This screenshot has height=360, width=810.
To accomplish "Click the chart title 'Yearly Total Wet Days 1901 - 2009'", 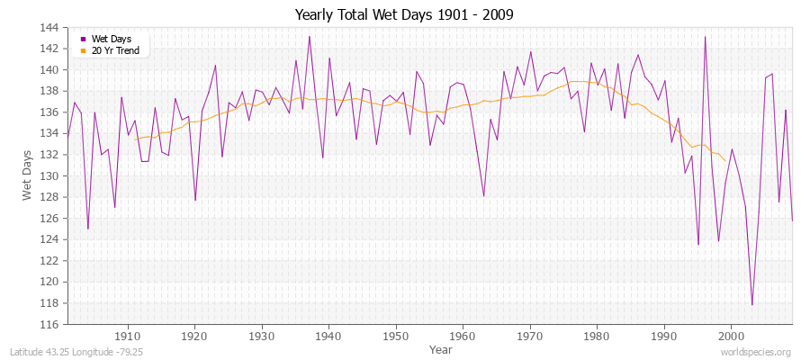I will [404, 15].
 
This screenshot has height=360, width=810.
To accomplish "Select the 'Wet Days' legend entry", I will [110, 39].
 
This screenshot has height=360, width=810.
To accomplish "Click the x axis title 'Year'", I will [441, 348].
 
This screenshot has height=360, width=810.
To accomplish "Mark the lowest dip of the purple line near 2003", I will [752, 305].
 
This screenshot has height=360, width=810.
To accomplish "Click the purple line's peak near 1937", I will [310, 36].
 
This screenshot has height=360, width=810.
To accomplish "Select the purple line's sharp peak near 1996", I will [705, 37].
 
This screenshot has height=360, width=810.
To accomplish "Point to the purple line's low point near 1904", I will [87, 229].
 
